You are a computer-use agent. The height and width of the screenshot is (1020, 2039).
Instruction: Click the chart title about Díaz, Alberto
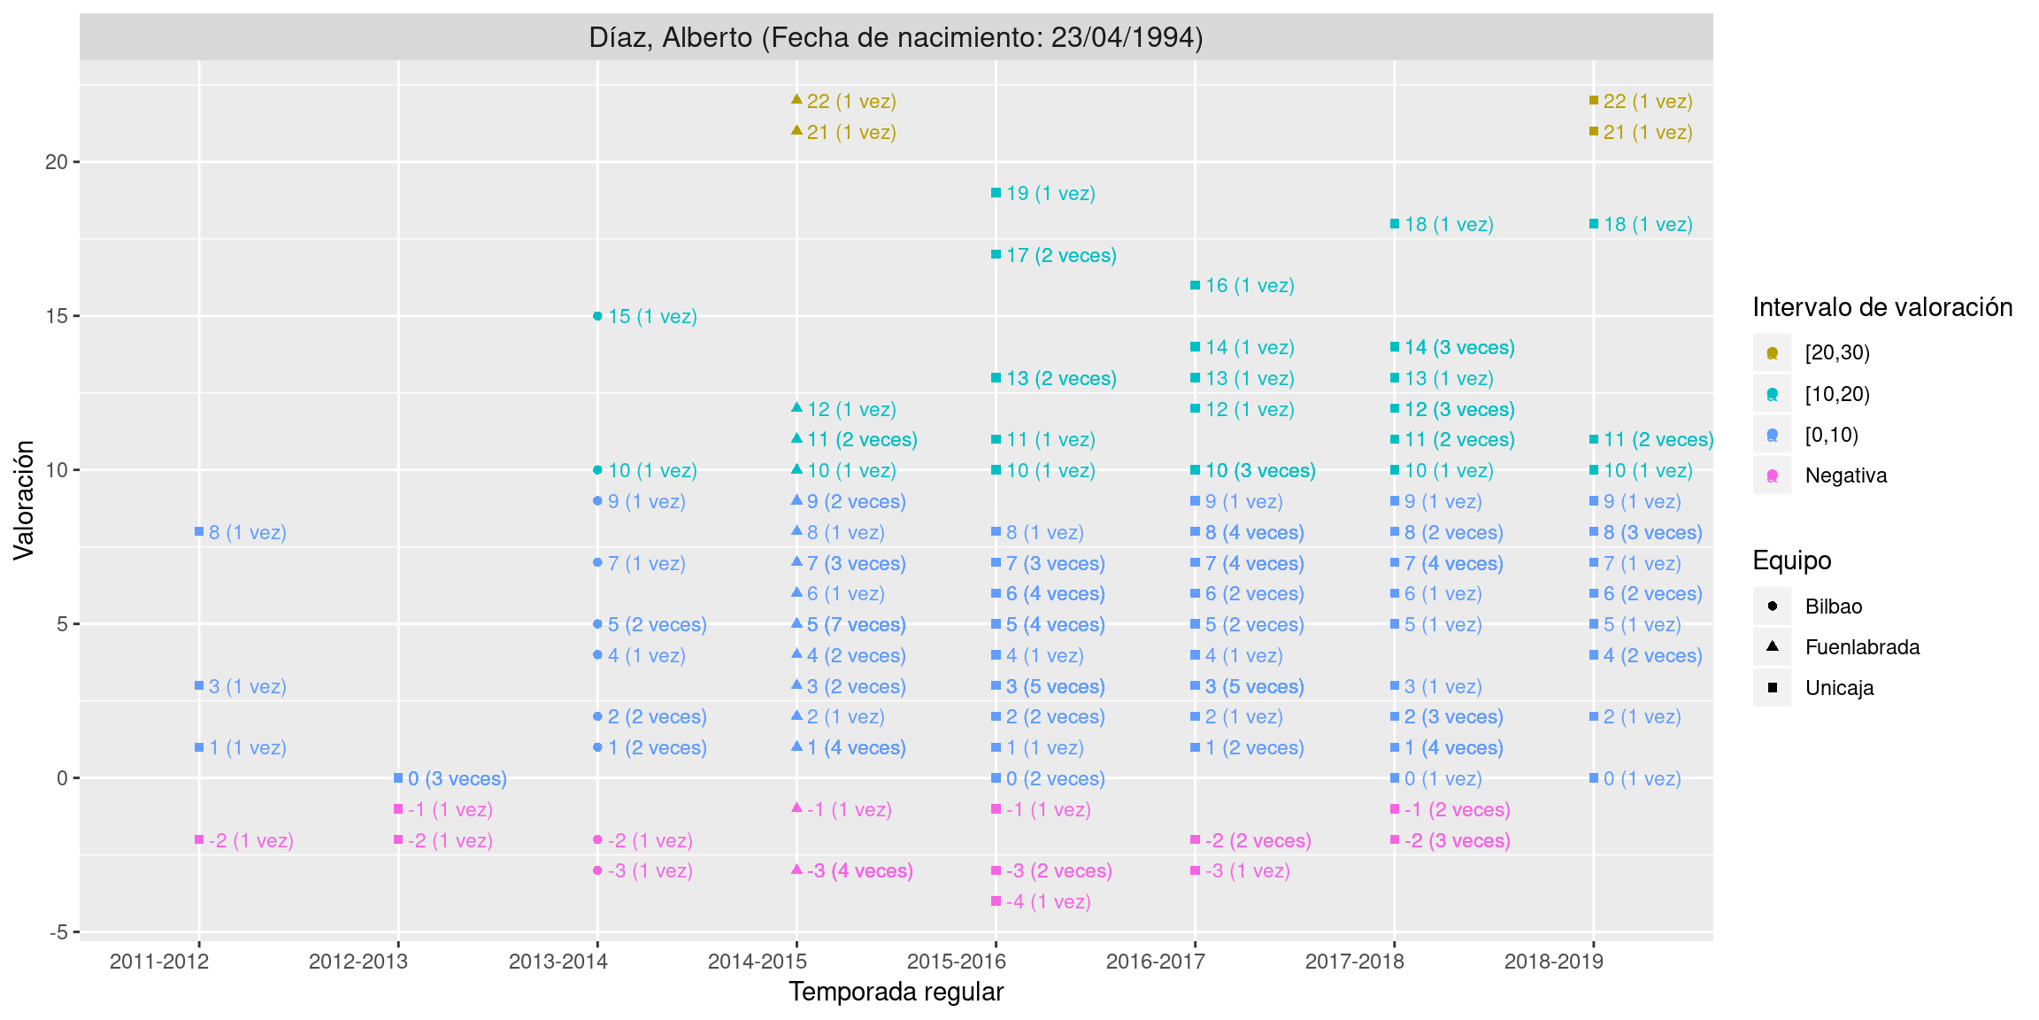(896, 37)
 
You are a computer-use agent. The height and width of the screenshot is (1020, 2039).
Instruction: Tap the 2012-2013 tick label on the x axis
(358, 962)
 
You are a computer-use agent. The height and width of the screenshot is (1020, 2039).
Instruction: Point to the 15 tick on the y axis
(57, 316)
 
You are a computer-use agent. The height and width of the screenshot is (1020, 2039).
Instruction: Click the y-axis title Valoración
(24, 500)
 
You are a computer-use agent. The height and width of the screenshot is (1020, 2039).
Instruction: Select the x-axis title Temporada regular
(896, 992)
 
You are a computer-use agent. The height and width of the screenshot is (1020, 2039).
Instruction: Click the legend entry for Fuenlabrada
(1862, 647)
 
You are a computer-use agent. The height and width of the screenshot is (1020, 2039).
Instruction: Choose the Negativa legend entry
(1845, 475)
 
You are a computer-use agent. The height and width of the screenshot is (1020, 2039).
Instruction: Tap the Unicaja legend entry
(1839, 688)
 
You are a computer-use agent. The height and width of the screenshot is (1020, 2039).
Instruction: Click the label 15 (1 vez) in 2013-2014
(652, 316)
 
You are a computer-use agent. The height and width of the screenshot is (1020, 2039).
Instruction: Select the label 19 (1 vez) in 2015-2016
(1050, 193)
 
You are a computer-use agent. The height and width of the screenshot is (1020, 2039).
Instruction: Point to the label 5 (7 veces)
(856, 624)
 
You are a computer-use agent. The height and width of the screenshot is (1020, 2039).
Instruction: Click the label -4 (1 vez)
(1048, 901)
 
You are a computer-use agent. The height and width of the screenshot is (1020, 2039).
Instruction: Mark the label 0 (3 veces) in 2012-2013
(457, 778)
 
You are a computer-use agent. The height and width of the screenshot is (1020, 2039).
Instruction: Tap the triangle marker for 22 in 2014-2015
(796, 100)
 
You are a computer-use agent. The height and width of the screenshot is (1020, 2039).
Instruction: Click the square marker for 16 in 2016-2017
(1195, 285)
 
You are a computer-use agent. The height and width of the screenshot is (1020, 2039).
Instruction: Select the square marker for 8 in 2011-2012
(199, 532)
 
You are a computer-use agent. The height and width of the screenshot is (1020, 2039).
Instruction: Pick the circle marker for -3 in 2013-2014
(597, 870)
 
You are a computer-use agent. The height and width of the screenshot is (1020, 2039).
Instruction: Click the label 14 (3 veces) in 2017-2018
(1459, 347)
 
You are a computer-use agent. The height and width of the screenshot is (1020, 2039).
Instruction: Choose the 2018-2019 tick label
(1553, 962)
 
